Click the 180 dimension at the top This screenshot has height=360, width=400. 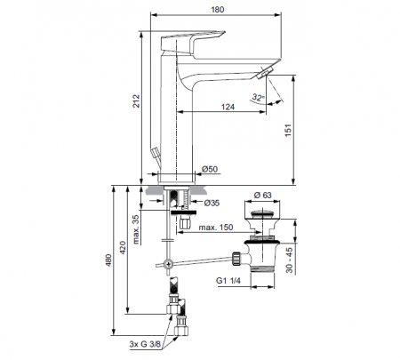point(218,10)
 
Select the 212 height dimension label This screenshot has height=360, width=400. point(136,100)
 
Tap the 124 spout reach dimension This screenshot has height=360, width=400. point(228,107)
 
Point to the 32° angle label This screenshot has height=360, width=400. point(258,97)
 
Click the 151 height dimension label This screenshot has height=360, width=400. point(288,130)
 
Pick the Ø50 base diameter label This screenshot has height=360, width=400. point(210,169)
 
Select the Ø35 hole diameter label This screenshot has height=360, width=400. point(212,203)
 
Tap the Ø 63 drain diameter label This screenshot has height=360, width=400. point(262,195)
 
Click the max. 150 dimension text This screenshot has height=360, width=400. point(216,228)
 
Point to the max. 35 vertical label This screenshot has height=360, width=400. point(136,229)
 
